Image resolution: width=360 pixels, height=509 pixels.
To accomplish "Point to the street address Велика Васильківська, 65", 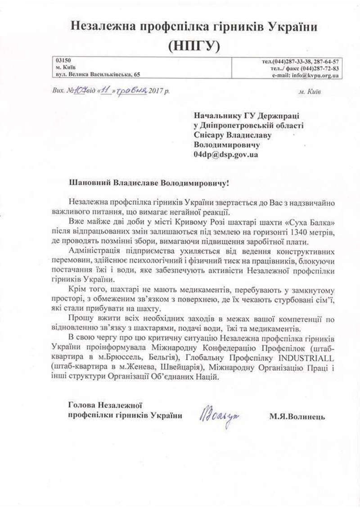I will (104, 75).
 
